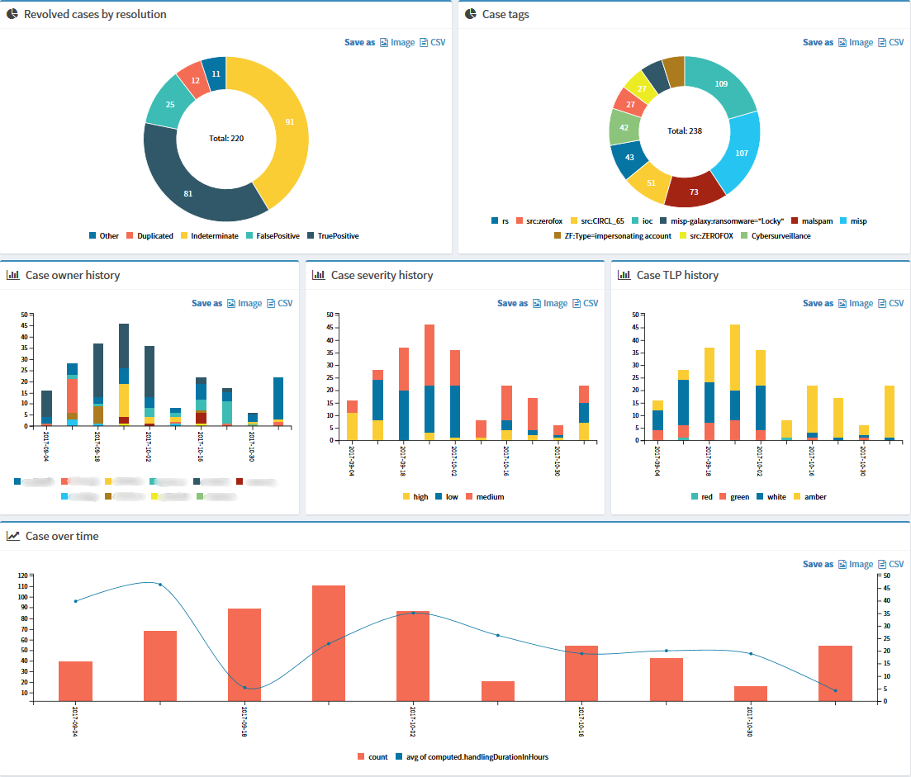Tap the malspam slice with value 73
coord(694,192)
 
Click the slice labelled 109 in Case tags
coord(721,84)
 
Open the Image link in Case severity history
coord(555,303)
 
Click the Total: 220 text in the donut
coord(225,138)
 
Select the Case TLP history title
coord(677,275)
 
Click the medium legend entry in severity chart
coord(489,496)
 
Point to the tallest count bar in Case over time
coord(329,643)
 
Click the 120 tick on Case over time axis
coord(22,575)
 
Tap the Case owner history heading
coord(73,275)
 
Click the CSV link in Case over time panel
coord(895,564)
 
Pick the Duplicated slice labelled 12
coord(195,81)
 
